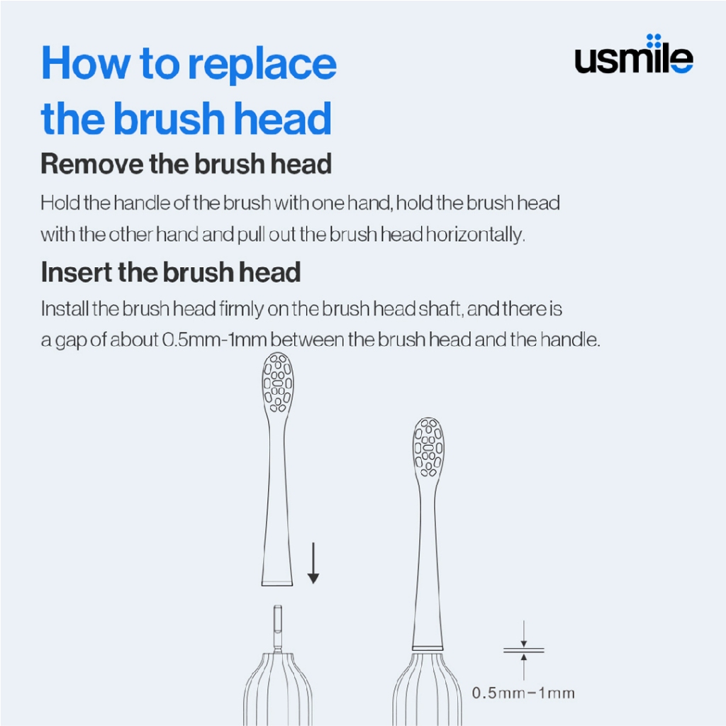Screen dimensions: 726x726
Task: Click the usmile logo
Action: pos(634,54)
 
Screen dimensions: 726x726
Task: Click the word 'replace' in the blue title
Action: pos(262,65)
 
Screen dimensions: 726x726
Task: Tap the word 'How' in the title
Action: pos(86,62)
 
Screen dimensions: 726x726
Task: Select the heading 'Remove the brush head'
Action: pos(186,164)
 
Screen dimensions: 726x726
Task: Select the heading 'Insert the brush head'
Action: pos(171,272)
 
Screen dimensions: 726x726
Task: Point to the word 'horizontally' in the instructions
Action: pos(475,234)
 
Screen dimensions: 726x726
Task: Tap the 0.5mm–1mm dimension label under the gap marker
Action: pos(523,693)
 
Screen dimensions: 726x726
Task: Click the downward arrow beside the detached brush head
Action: pos(313,562)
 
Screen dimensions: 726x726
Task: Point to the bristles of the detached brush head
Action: pos(278,382)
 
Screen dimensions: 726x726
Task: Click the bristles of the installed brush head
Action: pos(428,447)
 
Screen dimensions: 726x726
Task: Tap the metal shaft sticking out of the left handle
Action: pos(277,628)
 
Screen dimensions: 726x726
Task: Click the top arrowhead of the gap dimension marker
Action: pos(524,643)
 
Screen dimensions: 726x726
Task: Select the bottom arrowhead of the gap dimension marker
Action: pos(524,657)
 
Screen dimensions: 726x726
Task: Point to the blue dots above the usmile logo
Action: pos(654,40)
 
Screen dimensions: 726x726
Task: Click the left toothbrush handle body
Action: pos(278,689)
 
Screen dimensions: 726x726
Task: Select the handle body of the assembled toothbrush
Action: pos(428,689)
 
